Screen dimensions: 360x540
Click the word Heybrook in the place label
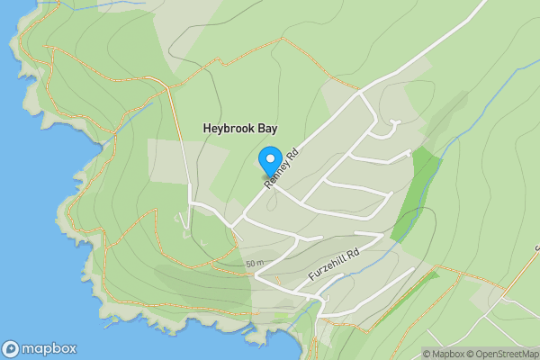click(x=229, y=130)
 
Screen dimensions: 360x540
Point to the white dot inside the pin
click(x=269, y=157)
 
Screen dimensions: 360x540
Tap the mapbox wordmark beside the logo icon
click(x=49, y=348)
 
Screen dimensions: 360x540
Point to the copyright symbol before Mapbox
click(x=427, y=354)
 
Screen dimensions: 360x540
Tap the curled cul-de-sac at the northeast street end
click(x=392, y=127)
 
